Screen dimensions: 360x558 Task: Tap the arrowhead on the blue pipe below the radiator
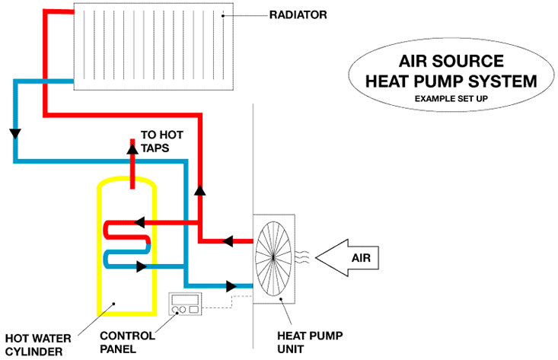(14, 134)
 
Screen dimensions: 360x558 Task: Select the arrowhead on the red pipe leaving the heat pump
(227, 241)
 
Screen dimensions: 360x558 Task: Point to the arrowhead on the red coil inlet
(139, 222)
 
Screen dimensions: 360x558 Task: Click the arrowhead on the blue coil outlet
(140, 266)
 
